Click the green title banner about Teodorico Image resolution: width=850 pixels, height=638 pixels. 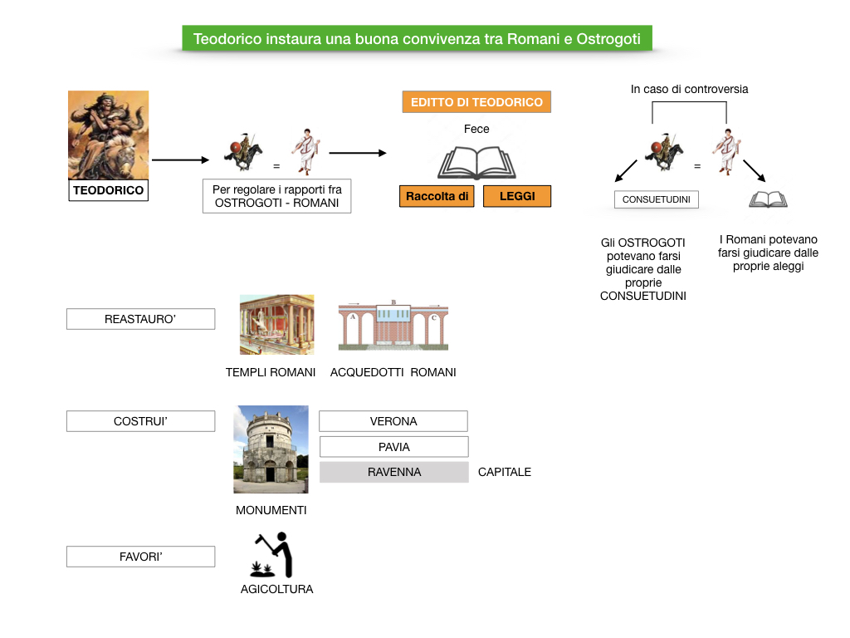pyautogui.click(x=417, y=38)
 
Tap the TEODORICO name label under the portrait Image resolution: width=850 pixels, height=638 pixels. pyautogui.click(x=108, y=190)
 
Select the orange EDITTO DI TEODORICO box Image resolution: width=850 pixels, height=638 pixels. pyautogui.click(x=476, y=102)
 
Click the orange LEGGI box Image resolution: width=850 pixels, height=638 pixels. pyautogui.click(x=517, y=196)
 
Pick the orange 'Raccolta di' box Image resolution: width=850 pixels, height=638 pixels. pyautogui.click(x=437, y=196)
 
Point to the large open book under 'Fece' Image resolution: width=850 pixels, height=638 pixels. pyautogui.click(x=476, y=162)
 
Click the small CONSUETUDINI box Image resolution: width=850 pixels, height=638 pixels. pyautogui.click(x=656, y=199)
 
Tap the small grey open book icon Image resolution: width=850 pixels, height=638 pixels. pyautogui.click(x=768, y=199)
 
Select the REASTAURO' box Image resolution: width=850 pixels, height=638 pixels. pyautogui.click(x=140, y=319)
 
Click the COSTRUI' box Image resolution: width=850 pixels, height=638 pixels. pyautogui.click(x=140, y=421)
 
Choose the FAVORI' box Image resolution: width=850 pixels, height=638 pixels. pyautogui.click(x=140, y=557)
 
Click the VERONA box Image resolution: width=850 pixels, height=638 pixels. pyautogui.click(x=393, y=421)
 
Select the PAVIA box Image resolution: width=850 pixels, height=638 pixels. pyautogui.click(x=393, y=447)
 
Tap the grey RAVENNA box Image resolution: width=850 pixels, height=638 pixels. pyautogui.click(x=393, y=472)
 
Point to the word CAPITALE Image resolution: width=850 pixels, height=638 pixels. pyautogui.click(x=505, y=472)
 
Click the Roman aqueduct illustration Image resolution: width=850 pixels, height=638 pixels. pyautogui.click(x=393, y=325)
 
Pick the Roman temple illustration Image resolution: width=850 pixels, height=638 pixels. pyautogui.click(x=276, y=324)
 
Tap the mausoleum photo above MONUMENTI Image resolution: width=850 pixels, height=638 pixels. pyautogui.click(x=271, y=449)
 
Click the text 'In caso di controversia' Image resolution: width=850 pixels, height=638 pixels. pyautogui.click(x=689, y=89)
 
